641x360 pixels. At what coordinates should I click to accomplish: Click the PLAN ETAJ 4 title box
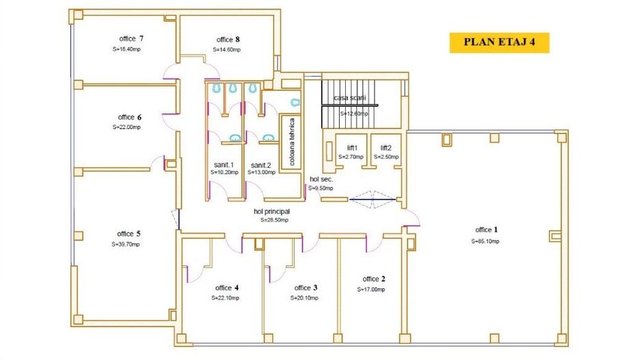click(499, 42)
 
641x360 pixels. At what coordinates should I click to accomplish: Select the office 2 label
click(374, 279)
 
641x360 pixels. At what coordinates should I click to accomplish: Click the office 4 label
click(227, 288)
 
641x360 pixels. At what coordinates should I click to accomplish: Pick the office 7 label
click(131, 39)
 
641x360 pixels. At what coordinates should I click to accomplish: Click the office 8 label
click(228, 39)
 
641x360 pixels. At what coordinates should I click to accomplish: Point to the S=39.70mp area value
click(127, 244)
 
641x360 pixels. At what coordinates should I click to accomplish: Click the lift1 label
click(353, 148)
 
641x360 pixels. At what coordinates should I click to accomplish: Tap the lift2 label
click(386, 148)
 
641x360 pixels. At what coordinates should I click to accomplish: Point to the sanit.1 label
click(223, 165)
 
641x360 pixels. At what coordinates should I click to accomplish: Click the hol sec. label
click(320, 179)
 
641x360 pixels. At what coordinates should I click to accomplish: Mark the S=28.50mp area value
click(274, 220)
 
